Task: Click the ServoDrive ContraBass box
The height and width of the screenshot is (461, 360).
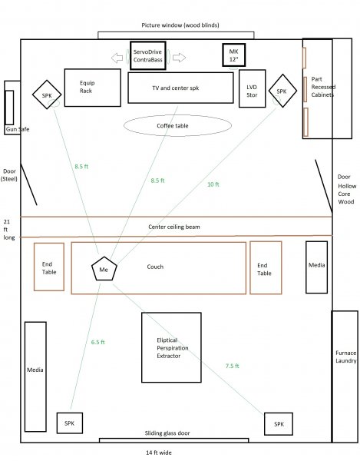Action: tap(148, 55)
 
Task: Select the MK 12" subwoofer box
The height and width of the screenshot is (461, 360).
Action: tap(234, 55)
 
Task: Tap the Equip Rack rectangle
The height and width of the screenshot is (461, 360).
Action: tap(93, 88)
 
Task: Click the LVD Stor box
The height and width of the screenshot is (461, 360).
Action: tap(253, 88)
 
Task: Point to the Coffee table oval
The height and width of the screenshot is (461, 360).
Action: tap(177, 125)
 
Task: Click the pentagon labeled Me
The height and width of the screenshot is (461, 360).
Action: tap(104, 268)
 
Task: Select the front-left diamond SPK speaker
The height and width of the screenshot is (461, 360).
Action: tap(47, 95)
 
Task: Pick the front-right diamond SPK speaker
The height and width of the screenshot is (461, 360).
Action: tap(282, 91)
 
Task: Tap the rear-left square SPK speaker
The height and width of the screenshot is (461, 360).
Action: tap(70, 423)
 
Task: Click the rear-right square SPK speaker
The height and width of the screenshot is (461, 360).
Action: tap(279, 424)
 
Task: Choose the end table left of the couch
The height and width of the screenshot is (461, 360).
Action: tap(49, 267)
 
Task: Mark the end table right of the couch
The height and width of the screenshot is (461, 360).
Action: tap(266, 268)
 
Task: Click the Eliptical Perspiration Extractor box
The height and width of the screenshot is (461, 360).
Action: tap(171, 347)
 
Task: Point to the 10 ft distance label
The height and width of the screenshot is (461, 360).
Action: tap(213, 184)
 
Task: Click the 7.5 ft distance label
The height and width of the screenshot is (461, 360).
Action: tap(233, 366)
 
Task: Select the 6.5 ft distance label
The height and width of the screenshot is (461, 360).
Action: tap(97, 342)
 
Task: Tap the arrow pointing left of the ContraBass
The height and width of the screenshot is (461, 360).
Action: tap(117, 58)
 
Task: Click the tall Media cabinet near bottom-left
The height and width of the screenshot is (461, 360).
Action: tap(35, 376)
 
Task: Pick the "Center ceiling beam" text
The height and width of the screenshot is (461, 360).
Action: tap(174, 227)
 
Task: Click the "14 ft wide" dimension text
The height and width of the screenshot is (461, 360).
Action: tap(159, 453)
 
